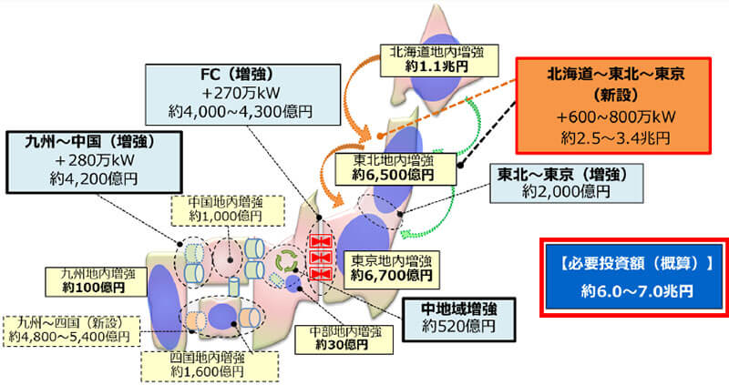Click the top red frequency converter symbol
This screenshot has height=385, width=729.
(x=320, y=242)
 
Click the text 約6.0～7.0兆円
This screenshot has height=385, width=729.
(x=632, y=292)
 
